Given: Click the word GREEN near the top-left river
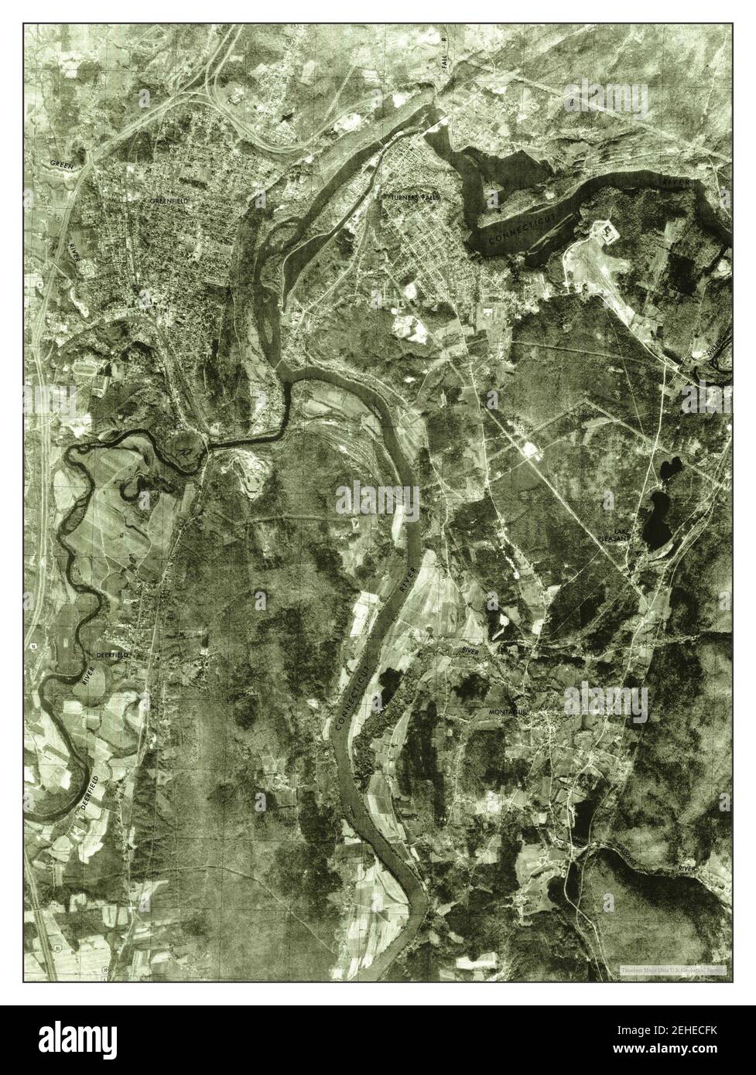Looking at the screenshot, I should (61, 163).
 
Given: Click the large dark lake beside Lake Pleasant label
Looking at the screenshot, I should (658, 518).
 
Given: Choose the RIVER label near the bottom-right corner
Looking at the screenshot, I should (687, 869).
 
